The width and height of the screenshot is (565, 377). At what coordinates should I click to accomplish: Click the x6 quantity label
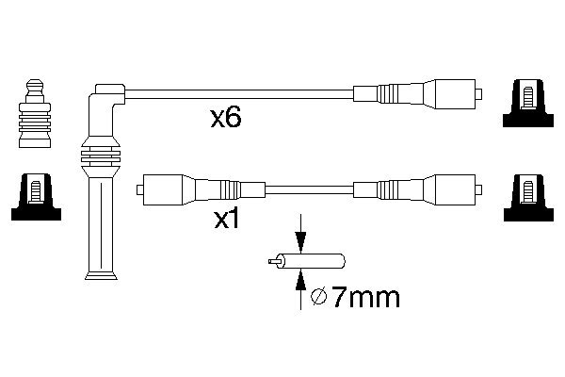coord(227,119)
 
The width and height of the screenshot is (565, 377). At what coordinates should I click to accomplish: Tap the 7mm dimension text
coord(365,300)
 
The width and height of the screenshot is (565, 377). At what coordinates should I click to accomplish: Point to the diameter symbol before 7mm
coord(318,300)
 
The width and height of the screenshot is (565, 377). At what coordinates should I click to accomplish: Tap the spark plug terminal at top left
coord(33,113)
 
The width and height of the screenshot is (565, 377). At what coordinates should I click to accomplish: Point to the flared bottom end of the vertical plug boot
coord(101,272)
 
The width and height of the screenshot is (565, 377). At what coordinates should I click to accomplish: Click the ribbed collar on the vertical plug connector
coord(101,156)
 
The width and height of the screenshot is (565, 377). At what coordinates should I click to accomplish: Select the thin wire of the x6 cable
coord(235,93)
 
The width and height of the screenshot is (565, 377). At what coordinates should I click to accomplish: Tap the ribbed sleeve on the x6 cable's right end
coord(388,94)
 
